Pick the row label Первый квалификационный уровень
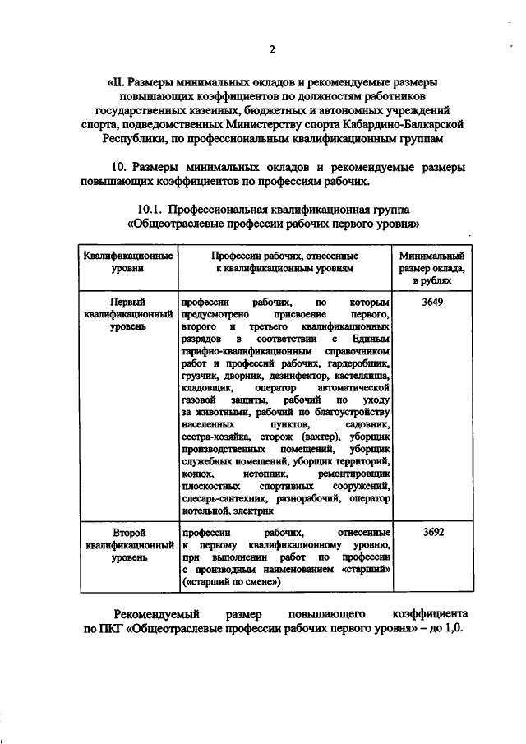click(x=127, y=314)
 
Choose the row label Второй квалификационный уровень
click(x=127, y=544)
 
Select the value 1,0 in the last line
click(x=451, y=636)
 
